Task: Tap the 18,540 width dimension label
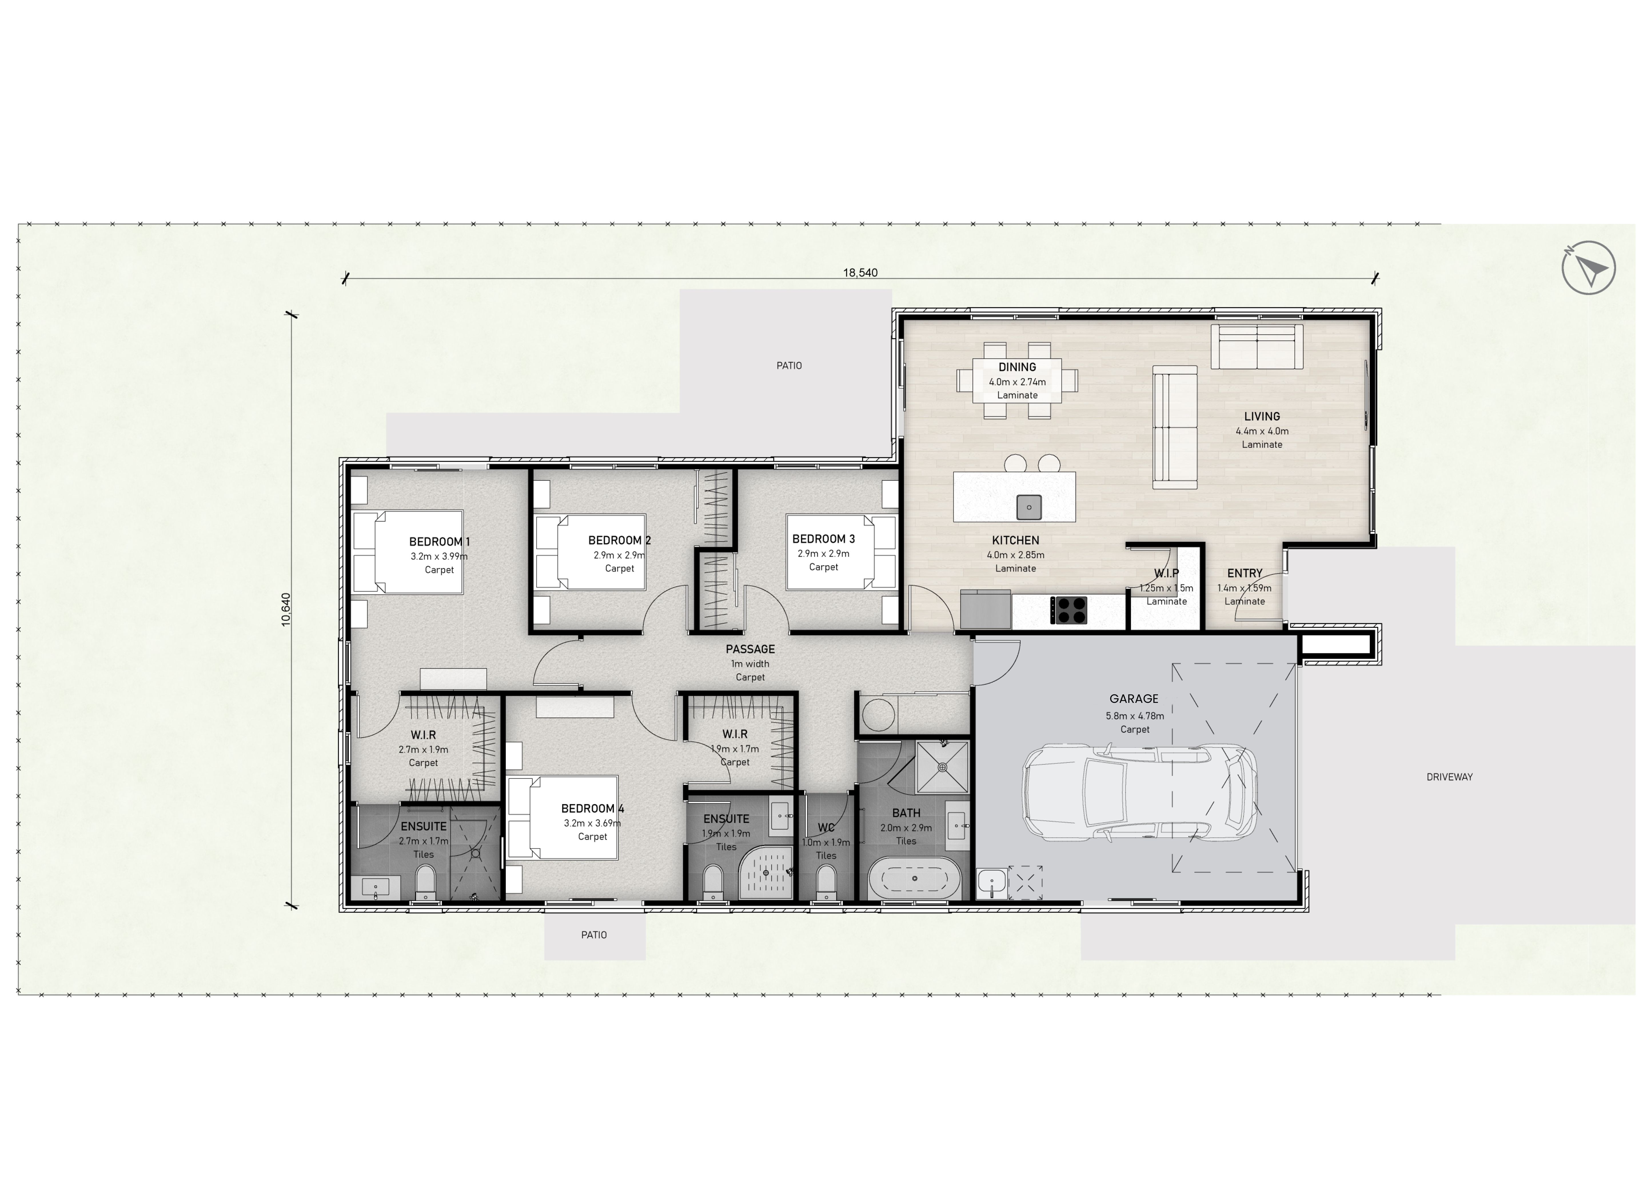click(860, 273)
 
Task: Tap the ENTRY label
click(1244, 573)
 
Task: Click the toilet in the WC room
click(826, 883)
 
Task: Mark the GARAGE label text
click(1134, 699)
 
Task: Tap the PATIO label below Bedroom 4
click(594, 935)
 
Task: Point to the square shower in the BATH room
click(942, 767)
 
